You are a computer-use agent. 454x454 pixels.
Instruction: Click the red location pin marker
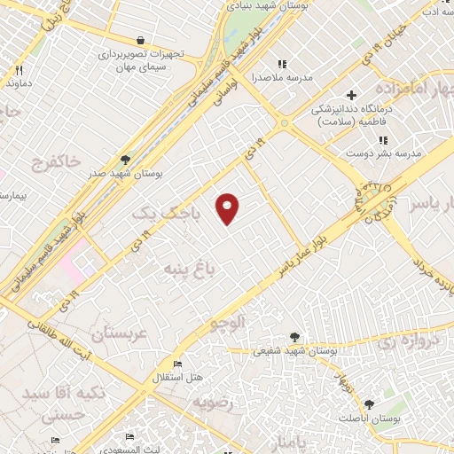click(x=229, y=207)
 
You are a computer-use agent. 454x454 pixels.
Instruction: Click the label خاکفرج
click(x=55, y=161)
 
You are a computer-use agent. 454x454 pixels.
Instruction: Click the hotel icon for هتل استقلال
click(x=178, y=364)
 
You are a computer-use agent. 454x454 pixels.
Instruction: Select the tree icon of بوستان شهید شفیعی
click(x=294, y=337)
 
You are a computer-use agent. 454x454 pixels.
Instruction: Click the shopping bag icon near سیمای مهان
click(x=140, y=40)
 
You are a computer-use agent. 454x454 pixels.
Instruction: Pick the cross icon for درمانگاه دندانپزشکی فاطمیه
click(x=351, y=95)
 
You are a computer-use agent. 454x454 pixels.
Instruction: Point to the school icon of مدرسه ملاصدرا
click(x=282, y=64)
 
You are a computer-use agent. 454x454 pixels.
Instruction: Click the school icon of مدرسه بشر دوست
click(x=382, y=140)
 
